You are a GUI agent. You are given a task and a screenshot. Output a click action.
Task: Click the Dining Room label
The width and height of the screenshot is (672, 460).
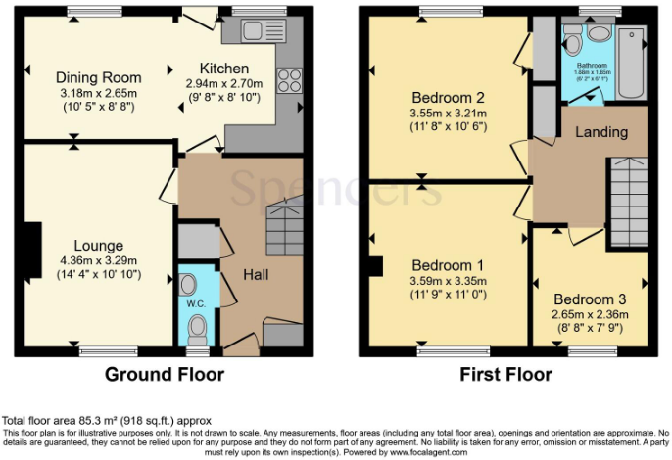click(98, 77)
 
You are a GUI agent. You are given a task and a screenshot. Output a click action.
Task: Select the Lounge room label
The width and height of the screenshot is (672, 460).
click(97, 245)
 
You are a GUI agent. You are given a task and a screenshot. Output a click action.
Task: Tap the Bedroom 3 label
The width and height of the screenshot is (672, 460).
click(589, 299)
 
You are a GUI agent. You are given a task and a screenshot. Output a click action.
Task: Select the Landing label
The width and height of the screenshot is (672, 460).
click(601, 131)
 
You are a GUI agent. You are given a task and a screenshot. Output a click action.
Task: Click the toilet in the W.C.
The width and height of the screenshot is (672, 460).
click(198, 326)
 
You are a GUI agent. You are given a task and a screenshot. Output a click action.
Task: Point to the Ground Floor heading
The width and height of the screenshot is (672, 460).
click(165, 374)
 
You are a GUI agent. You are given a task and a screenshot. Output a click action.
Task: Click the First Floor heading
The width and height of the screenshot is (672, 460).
click(505, 374)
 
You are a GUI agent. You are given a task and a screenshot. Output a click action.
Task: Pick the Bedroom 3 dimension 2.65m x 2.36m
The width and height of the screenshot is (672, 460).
click(589, 314)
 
